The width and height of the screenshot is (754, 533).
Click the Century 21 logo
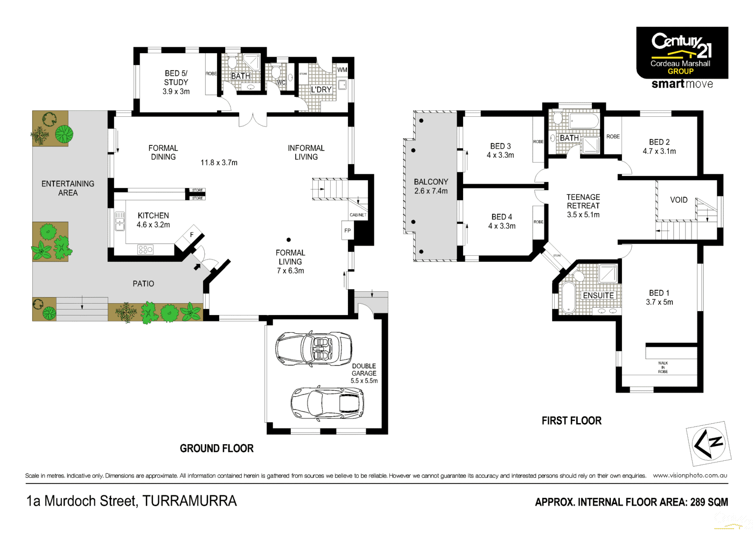coord(682,53)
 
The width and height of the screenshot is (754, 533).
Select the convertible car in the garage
coord(313,348)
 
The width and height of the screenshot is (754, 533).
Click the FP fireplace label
coord(348,230)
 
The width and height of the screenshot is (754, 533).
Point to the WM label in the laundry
coord(343,70)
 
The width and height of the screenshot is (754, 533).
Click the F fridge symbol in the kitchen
coord(192,234)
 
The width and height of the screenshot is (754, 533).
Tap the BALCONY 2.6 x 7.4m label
coord(431,186)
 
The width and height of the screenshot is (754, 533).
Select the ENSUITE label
coord(598,296)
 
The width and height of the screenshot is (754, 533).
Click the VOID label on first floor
coord(679,200)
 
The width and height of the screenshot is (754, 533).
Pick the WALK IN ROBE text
coord(663,367)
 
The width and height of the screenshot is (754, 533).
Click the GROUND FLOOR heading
coord(217,448)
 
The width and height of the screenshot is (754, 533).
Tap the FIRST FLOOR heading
coord(571,421)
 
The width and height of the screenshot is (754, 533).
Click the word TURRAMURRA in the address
coord(190,501)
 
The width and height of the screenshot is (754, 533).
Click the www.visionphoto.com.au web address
coord(690,475)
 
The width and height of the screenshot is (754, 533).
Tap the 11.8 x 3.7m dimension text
coord(219,163)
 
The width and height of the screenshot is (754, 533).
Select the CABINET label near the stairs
coord(358,215)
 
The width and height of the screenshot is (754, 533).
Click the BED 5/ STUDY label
coord(176,82)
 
